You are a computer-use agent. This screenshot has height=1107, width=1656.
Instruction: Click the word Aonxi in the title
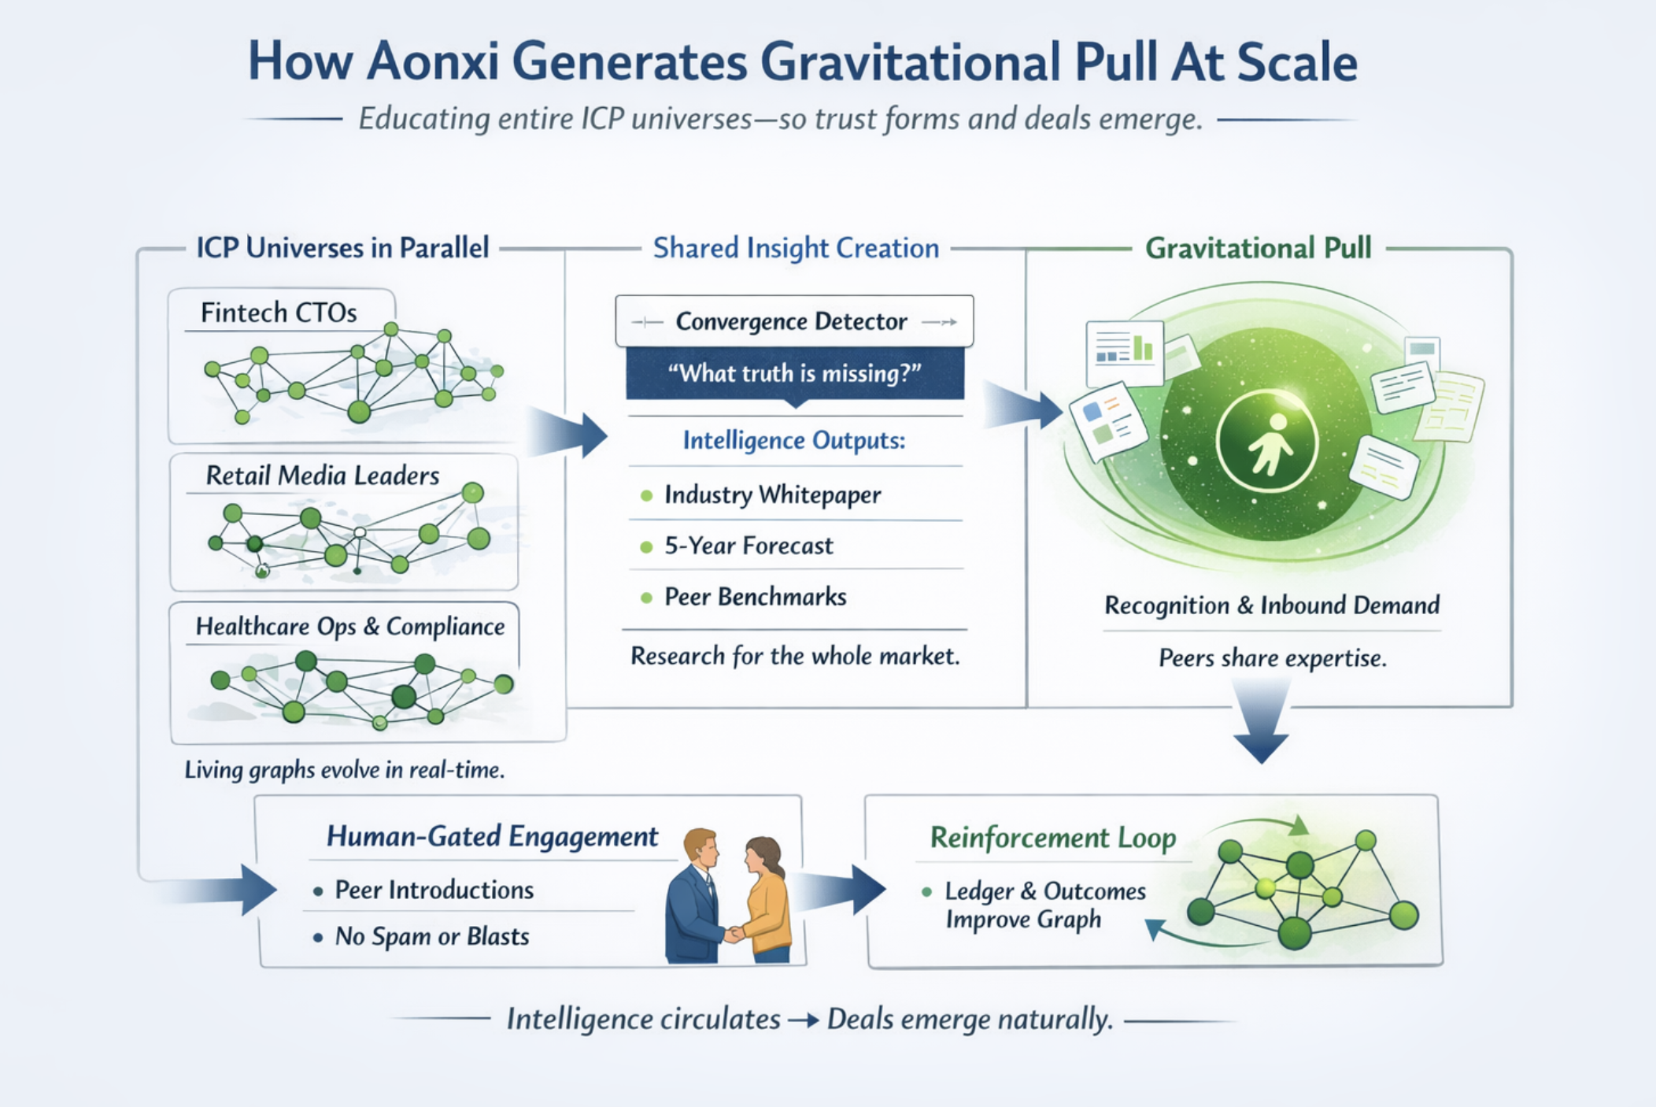pyautogui.click(x=432, y=61)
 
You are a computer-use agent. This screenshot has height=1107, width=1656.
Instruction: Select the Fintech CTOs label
pyautogui.click(x=279, y=313)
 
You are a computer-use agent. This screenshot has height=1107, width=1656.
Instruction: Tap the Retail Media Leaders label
pyautogui.click(x=322, y=476)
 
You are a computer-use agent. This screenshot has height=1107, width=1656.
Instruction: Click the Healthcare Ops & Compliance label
pyautogui.click(x=349, y=627)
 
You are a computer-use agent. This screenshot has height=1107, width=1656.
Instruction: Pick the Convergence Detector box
pyautogui.click(x=793, y=321)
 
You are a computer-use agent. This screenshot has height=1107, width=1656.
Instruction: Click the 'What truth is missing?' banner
pyautogui.click(x=794, y=373)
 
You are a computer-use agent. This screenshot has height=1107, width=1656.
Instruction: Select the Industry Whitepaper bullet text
pyautogui.click(x=772, y=495)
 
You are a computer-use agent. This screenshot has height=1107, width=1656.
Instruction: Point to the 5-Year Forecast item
pyautogui.click(x=748, y=546)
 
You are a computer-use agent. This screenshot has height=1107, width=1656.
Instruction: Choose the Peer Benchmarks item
pyautogui.click(x=755, y=597)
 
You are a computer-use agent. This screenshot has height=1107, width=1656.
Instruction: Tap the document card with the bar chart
pyautogui.click(x=1124, y=352)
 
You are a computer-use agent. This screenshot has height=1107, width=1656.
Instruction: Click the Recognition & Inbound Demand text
pyautogui.click(x=1271, y=605)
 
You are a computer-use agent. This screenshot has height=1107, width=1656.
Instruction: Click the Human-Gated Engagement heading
pyautogui.click(x=492, y=836)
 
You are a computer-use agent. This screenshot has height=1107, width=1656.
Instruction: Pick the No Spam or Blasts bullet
pyautogui.click(x=431, y=936)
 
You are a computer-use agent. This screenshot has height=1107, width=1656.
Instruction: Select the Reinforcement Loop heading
pyautogui.click(x=1052, y=838)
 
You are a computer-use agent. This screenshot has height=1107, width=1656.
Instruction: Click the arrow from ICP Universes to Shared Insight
pyautogui.click(x=570, y=433)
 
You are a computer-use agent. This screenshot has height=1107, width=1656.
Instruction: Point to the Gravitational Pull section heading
pyautogui.click(x=1258, y=248)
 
